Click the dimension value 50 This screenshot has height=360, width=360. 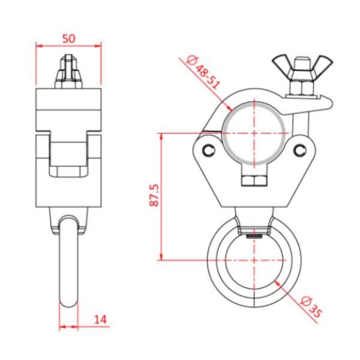[x=68, y=38]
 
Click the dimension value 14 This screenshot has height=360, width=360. [x=100, y=320]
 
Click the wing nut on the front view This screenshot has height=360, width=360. [x=295, y=65]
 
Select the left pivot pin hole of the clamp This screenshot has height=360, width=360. [x=208, y=149]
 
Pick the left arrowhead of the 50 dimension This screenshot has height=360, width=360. [x=38, y=45]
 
